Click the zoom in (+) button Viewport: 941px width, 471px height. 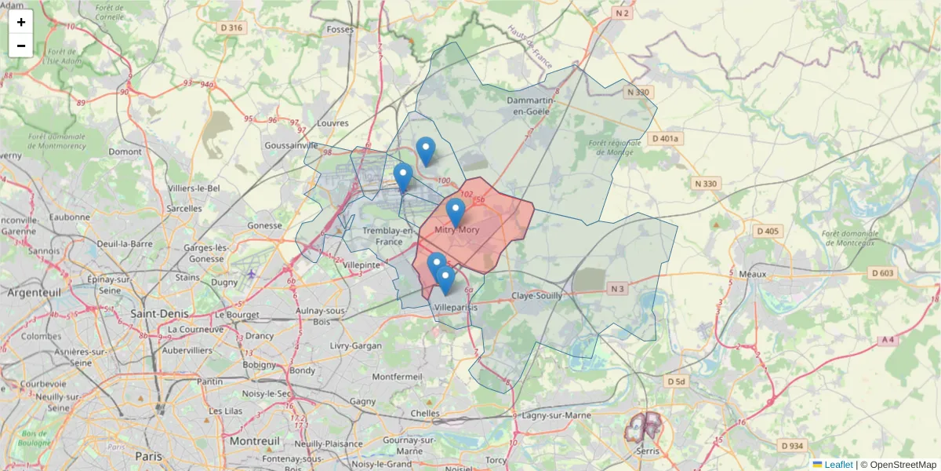pyautogui.click(x=21, y=22)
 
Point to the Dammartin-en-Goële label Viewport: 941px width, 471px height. pyautogui.click(x=532, y=107)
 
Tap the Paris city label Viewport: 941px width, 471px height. pyautogui.click(x=148, y=455)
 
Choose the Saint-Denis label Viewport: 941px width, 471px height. pyautogui.click(x=158, y=313)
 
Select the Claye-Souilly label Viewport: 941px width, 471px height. pyautogui.click(x=537, y=296)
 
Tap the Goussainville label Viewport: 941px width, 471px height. pyautogui.click(x=292, y=145)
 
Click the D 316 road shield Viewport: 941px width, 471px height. pyautogui.click(x=231, y=27)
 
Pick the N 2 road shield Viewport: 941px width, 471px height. pyautogui.click(x=623, y=13)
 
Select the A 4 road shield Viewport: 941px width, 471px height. pyautogui.click(x=887, y=340)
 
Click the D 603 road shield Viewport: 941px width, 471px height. pyautogui.click(x=882, y=273)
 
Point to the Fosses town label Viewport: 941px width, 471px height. pyautogui.click(x=340, y=30)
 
